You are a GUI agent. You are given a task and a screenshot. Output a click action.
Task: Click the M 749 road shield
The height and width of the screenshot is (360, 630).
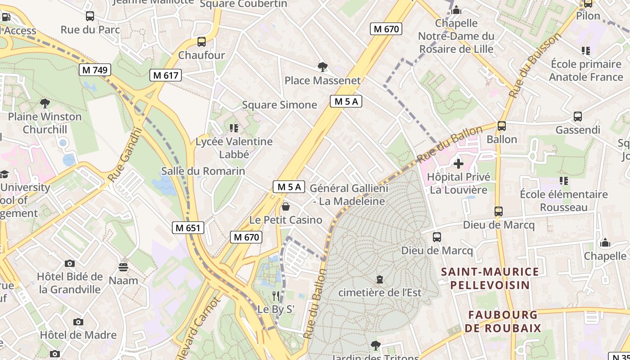95,70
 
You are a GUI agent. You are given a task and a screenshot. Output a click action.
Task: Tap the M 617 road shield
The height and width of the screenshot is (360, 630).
166,75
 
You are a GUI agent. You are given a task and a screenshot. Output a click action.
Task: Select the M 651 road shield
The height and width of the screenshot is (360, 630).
188,228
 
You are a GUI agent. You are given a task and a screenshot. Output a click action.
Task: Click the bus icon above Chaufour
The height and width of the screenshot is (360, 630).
202,42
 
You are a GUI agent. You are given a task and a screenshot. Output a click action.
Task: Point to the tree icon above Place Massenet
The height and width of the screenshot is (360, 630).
322,67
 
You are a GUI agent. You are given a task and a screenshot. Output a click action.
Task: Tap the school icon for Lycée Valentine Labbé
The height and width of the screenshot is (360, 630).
234,128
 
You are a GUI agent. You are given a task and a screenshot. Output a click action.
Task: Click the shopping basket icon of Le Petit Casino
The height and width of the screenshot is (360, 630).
286,207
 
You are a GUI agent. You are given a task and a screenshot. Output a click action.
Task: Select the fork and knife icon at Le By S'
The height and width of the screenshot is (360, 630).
276,296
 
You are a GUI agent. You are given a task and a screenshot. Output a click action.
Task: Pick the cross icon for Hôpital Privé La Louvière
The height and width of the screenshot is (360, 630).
458,164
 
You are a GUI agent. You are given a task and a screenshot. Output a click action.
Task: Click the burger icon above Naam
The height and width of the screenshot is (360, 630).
123,267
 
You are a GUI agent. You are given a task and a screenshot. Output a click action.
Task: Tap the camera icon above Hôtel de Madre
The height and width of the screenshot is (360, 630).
78,322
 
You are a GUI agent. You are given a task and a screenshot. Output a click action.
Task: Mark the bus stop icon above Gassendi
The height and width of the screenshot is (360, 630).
578,117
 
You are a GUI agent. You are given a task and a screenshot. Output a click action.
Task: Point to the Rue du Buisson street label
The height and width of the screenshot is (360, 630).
535,65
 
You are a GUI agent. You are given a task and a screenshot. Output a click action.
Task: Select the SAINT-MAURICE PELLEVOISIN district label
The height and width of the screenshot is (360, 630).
490,278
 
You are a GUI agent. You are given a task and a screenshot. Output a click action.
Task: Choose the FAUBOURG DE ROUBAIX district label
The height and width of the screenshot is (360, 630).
503,321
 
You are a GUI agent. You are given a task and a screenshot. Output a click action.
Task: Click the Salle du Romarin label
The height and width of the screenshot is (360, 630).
203,171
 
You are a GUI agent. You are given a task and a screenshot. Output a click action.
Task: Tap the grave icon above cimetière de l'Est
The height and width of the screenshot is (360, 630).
380,279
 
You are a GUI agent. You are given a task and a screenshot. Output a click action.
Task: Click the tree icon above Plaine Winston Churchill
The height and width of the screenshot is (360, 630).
45,103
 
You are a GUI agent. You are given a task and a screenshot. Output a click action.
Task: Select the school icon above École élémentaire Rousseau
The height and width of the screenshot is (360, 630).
563,181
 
